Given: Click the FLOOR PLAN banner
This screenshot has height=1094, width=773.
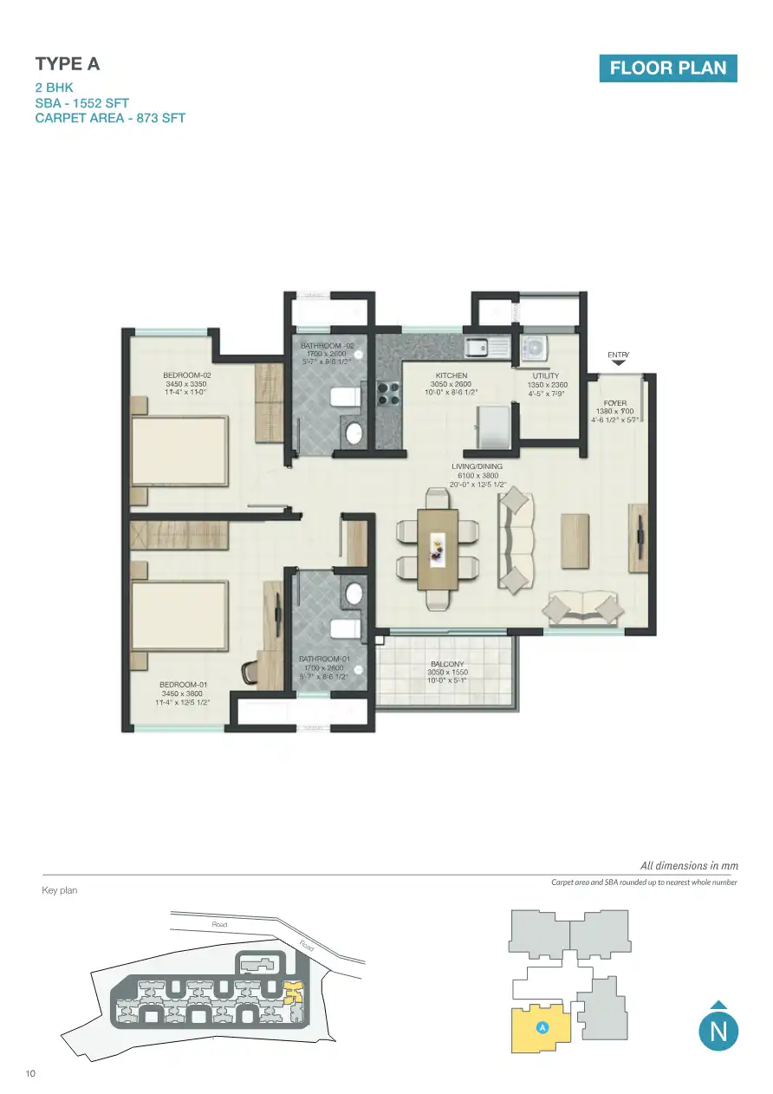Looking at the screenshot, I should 667,68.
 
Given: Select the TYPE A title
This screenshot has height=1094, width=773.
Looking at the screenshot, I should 68,64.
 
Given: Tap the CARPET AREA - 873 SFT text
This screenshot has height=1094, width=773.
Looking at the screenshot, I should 110,118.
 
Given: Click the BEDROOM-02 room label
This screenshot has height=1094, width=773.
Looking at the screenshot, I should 187,375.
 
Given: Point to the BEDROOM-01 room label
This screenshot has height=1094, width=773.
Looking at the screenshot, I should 183,685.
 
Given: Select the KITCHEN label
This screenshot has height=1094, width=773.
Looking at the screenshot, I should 451,376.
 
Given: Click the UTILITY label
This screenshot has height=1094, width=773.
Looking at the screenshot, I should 546,376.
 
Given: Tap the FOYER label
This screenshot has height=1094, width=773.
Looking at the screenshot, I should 615,404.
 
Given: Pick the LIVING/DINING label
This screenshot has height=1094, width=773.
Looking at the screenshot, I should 477,466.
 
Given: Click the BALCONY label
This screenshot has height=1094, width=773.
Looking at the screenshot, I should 447,665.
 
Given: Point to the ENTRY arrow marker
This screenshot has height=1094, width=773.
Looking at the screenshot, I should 618,364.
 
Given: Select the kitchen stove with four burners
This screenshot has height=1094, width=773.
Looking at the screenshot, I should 388,394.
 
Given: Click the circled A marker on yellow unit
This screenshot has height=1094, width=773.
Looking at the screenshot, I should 542,1027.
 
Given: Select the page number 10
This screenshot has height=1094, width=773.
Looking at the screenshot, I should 30,1075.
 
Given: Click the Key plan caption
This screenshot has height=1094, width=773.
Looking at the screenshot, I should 60,890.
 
